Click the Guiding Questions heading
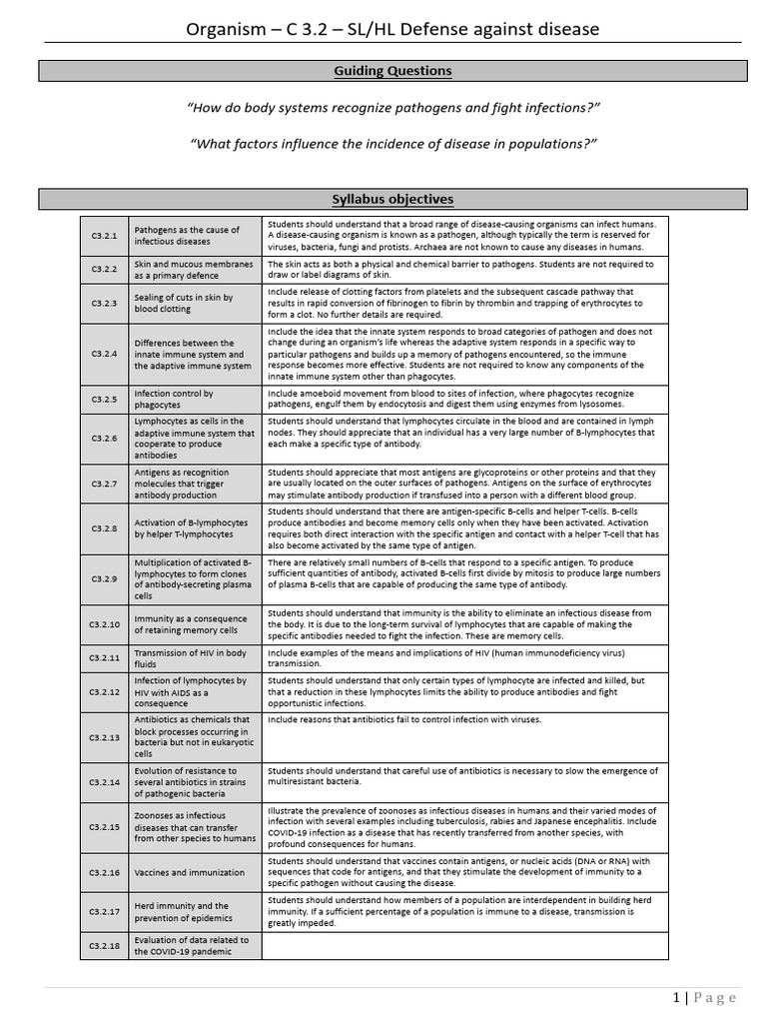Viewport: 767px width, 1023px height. click(392, 71)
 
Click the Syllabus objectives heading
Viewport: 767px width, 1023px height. click(392, 199)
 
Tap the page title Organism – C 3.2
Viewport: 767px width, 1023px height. click(392, 29)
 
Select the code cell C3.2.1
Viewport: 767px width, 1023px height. click(105, 236)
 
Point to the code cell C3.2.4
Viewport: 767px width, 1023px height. click(105, 355)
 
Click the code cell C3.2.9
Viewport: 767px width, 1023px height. click(105, 579)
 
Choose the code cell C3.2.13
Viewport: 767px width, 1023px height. click(105, 737)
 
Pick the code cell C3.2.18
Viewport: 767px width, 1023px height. click(105, 946)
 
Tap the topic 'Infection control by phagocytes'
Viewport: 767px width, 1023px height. click(174, 400)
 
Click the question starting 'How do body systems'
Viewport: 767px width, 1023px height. click(392, 107)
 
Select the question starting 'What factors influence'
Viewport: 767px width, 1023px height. click(392, 143)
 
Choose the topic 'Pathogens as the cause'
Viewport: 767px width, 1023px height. click(187, 236)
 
